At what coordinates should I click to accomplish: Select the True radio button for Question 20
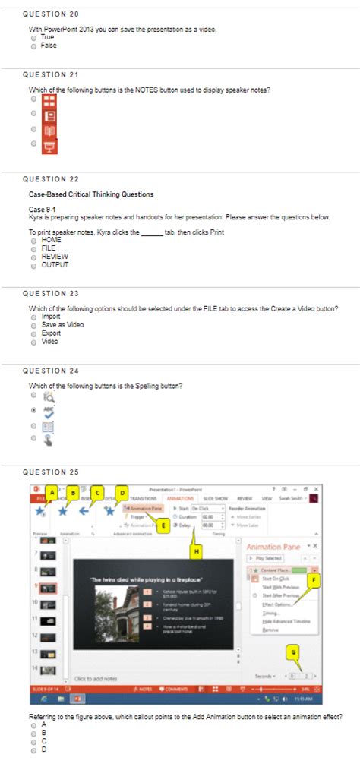(34, 37)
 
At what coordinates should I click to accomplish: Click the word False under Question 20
(49, 45)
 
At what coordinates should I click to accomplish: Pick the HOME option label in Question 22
(52, 240)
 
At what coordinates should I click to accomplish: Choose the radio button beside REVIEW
(34, 257)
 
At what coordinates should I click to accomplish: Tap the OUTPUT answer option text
(55, 265)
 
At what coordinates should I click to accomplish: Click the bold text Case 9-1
(43, 209)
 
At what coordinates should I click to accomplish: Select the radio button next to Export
(34, 333)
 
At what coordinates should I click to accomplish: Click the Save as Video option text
(62, 325)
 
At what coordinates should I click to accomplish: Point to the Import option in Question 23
(51, 317)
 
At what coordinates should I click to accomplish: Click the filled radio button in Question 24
(34, 409)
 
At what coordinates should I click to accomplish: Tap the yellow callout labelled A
(50, 492)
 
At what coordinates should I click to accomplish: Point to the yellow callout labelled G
(294, 650)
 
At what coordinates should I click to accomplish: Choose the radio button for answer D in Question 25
(34, 749)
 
